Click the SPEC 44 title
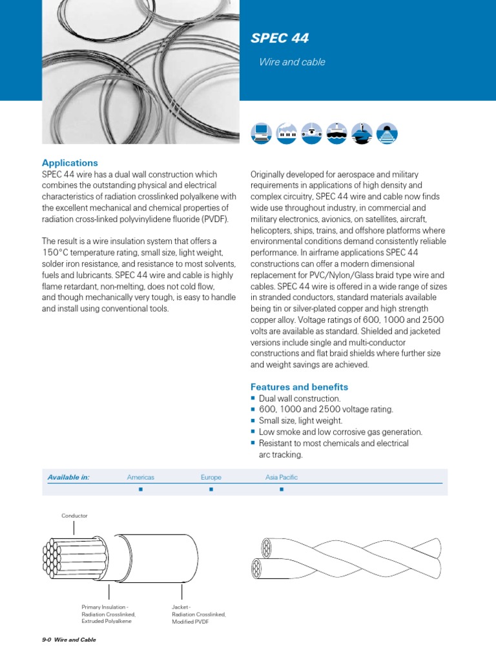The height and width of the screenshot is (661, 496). pos(280,39)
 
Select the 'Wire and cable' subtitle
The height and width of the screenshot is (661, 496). pos(292,63)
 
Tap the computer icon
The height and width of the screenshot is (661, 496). pos(261,133)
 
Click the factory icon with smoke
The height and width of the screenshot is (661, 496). pos(286,133)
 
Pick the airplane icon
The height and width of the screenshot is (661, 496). pos(311,133)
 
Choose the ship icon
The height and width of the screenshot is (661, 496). pos(336,133)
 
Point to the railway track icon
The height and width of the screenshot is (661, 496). pos(387,133)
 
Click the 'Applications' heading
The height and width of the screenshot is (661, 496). pos(70,163)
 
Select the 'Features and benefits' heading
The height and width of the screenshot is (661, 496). pos(299,387)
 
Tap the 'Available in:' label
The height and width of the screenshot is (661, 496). pos(68,478)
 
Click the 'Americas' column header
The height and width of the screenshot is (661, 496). pos(140,478)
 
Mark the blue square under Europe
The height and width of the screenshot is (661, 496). pos(211,490)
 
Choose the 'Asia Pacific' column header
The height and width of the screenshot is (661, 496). pos(282,478)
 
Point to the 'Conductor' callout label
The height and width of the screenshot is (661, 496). pos(74,516)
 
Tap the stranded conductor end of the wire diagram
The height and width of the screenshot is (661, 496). pos(57,556)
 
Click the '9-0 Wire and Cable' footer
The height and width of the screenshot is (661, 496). pos(68,640)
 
